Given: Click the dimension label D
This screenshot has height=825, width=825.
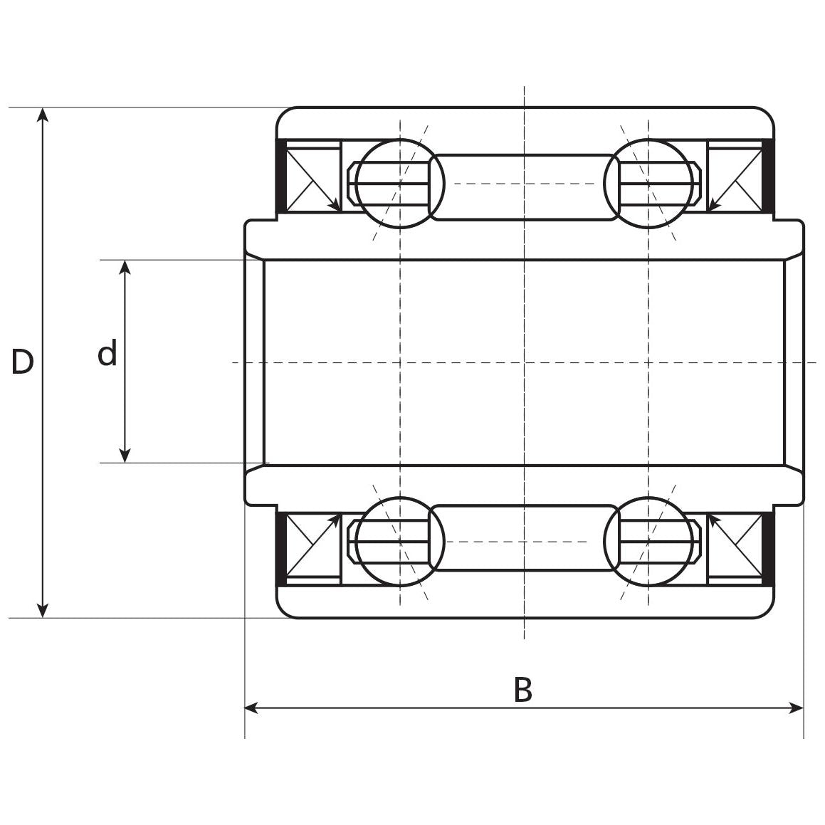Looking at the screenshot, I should point(22,362).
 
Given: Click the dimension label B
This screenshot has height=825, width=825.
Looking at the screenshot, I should point(522,690).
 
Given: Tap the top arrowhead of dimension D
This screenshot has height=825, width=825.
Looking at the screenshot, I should point(43,114).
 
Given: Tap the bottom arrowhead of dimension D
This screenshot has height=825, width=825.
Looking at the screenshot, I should point(43,611).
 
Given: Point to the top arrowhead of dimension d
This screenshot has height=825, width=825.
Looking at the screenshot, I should point(125,267).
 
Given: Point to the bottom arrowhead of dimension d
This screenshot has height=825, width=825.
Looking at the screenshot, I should point(125,456).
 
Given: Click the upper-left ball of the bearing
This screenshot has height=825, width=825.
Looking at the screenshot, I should point(399,184).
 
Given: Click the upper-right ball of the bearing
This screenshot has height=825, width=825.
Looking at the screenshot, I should point(648,184).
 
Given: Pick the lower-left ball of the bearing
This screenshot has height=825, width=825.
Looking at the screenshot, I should point(399,542).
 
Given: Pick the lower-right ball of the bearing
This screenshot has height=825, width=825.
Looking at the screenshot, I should point(648,542).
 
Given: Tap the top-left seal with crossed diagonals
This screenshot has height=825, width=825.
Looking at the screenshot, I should point(313,177).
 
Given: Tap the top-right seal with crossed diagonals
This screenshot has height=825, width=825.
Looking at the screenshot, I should point(735,177).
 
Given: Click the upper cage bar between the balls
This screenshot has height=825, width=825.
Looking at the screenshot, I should point(524,187).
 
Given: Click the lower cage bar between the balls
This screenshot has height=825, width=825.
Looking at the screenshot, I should point(524,538).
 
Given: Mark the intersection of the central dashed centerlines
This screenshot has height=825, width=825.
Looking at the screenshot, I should point(524,362).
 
